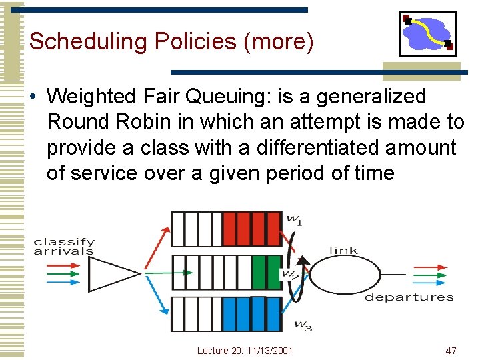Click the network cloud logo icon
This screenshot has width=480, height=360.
428,34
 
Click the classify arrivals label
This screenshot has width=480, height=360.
64,247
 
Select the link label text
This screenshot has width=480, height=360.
343,251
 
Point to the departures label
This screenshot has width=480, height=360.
409,297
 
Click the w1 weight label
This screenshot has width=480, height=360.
294,219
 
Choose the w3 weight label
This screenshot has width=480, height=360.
303,325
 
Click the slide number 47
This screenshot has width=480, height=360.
450,351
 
